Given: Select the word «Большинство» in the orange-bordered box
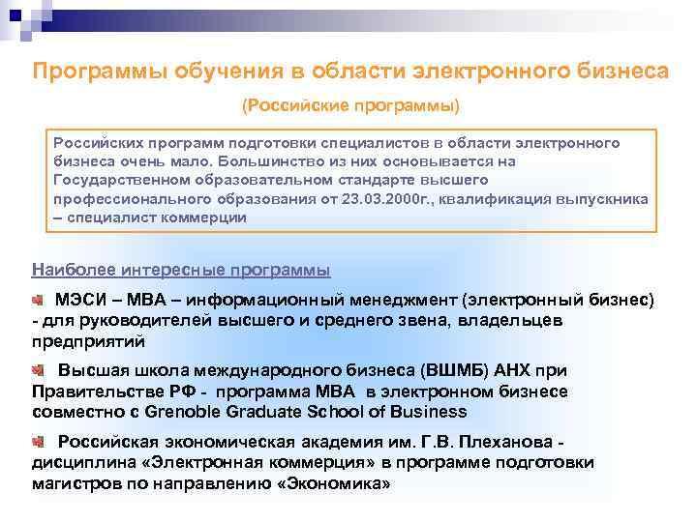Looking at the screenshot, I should click(269, 161).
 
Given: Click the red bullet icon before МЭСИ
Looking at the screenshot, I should click(38, 300).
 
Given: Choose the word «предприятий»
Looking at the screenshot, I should click(88, 340).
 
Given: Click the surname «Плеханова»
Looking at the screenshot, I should click(504, 442).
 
